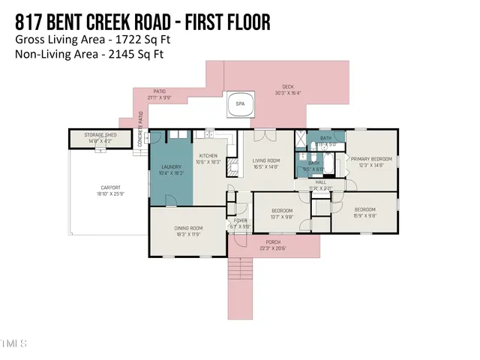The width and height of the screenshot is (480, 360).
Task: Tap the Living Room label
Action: [x=265, y=162]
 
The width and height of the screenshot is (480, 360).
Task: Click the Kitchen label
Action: [x=207, y=159]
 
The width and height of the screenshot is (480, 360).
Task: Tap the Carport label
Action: [x=110, y=190]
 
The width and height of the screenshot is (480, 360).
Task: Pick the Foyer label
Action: [x=240, y=223]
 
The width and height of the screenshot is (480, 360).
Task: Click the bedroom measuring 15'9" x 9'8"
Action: [x=364, y=211]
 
